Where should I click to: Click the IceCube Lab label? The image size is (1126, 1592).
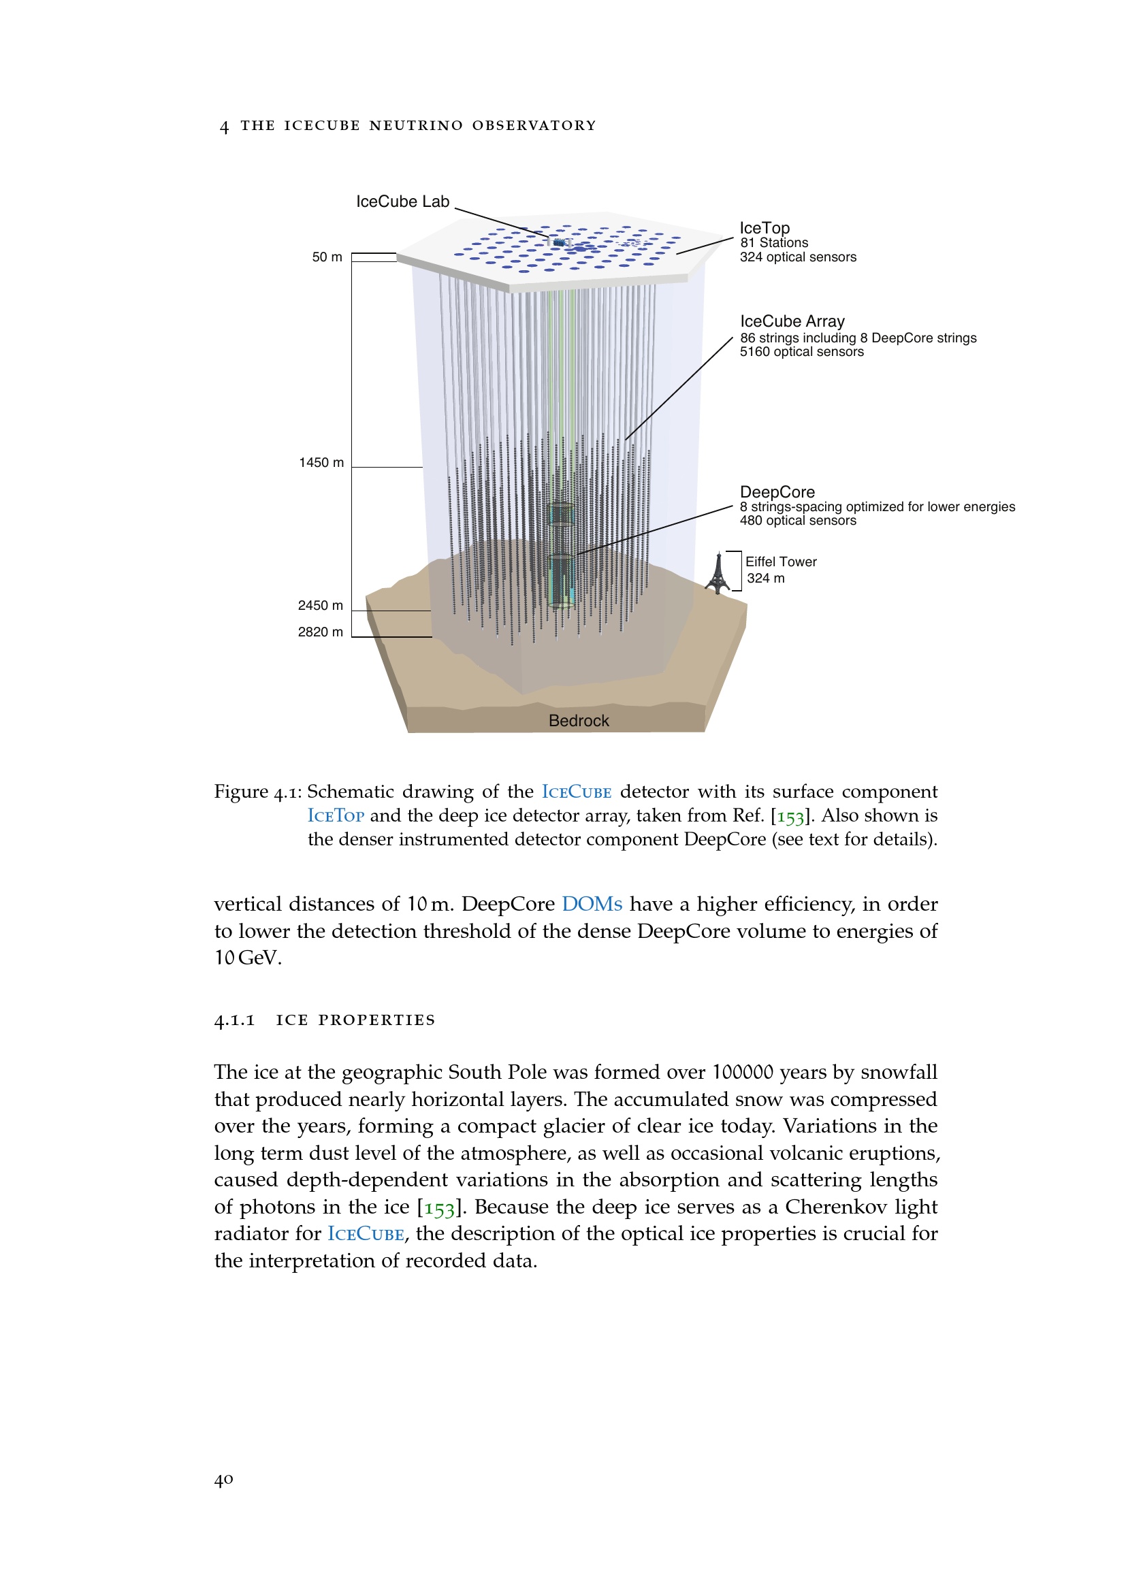pyautogui.click(x=402, y=201)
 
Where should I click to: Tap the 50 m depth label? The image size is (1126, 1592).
pyautogui.click(x=327, y=257)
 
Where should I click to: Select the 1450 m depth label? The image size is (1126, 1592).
pyautogui.click(x=321, y=462)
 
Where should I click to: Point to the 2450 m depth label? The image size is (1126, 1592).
pyautogui.click(x=321, y=605)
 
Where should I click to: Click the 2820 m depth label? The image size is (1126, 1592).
pyautogui.click(x=321, y=632)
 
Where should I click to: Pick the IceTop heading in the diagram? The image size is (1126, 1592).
pyautogui.click(x=764, y=228)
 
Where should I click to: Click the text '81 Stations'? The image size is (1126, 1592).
pyautogui.click(x=774, y=243)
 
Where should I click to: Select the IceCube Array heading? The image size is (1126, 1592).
pyautogui.click(x=792, y=321)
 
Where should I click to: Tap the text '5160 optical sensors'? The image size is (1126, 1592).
pyautogui.click(x=801, y=351)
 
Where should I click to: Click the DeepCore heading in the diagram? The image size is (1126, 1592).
pyautogui.click(x=777, y=491)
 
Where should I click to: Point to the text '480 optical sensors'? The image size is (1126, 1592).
pyautogui.click(x=797, y=520)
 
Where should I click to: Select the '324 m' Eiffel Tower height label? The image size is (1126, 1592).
pyautogui.click(x=765, y=579)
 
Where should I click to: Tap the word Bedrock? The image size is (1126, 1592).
pyautogui.click(x=578, y=720)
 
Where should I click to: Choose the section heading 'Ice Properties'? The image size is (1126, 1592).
pyautogui.click(x=355, y=1020)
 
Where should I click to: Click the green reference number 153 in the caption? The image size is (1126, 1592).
pyautogui.click(x=790, y=816)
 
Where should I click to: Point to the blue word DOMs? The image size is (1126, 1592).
pyautogui.click(x=592, y=904)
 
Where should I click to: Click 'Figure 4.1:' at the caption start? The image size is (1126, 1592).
pyautogui.click(x=257, y=792)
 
